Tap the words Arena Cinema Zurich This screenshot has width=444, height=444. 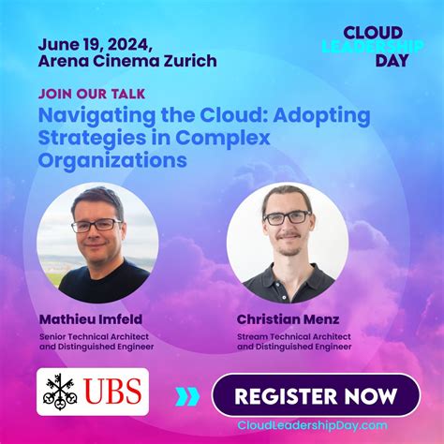pyautogui.click(x=127, y=62)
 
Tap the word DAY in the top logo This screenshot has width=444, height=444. pyautogui.click(x=392, y=60)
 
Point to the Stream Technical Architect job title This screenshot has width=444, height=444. pyautogui.click(x=293, y=335)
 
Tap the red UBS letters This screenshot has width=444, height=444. pyautogui.click(x=113, y=392)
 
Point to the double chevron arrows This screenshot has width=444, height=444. pyautogui.click(x=187, y=396)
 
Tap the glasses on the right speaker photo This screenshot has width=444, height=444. pyautogui.click(x=287, y=217)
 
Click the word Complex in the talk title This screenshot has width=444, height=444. pyautogui.click(x=229, y=139)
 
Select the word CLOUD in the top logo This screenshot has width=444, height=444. pyautogui.click(x=373, y=31)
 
